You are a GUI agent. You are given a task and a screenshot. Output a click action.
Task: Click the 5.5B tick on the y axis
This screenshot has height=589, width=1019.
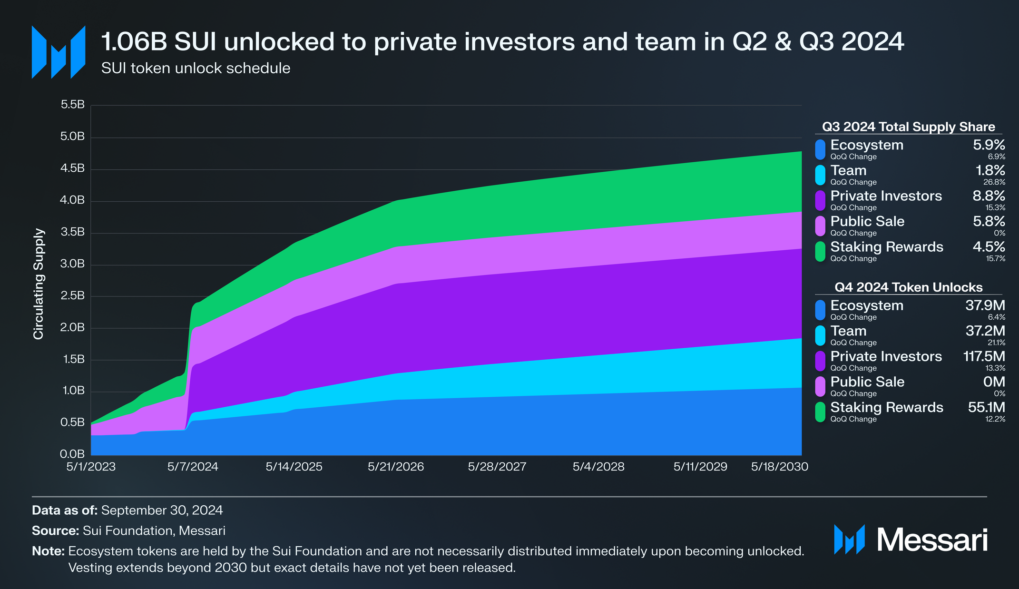[73, 105]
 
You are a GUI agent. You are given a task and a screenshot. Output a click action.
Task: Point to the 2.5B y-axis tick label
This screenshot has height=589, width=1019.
[73, 295]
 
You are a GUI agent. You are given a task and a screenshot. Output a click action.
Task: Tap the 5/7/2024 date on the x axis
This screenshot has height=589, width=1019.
[193, 467]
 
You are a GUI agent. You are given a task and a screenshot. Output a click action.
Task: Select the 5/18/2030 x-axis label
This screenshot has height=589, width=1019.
[779, 467]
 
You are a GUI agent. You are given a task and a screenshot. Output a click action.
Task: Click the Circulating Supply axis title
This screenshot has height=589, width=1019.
[39, 284]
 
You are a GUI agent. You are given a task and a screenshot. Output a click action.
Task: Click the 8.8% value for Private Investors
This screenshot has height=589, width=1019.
[989, 196]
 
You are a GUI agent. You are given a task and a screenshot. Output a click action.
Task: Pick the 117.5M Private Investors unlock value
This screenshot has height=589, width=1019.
[984, 356]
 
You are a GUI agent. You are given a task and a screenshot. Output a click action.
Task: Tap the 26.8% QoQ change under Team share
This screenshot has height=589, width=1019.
[994, 182]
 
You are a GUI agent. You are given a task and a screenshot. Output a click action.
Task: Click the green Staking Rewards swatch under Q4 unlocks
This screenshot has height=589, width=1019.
[820, 412]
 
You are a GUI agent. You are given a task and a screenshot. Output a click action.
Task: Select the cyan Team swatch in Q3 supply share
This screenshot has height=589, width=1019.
[820, 175]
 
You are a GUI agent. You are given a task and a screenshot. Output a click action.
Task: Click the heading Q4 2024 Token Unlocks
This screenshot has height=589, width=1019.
[908, 287]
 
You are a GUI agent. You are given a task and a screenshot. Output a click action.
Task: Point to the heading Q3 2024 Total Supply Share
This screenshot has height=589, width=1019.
[908, 127]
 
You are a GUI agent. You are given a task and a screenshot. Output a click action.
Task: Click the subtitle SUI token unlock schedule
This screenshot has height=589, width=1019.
[196, 69]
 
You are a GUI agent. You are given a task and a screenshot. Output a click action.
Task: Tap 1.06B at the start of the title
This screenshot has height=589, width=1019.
[134, 42]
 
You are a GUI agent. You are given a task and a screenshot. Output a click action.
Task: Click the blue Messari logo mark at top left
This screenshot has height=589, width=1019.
[59, 52]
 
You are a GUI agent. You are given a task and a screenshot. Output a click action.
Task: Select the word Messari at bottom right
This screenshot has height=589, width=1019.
[931, 540]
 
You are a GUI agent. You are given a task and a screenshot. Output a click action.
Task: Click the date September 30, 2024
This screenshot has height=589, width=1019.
[162, 510]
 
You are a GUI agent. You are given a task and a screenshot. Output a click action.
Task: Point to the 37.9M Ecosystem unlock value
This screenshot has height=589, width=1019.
[985, 305]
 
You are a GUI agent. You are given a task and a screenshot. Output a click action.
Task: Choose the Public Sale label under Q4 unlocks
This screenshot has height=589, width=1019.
[867, 382]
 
